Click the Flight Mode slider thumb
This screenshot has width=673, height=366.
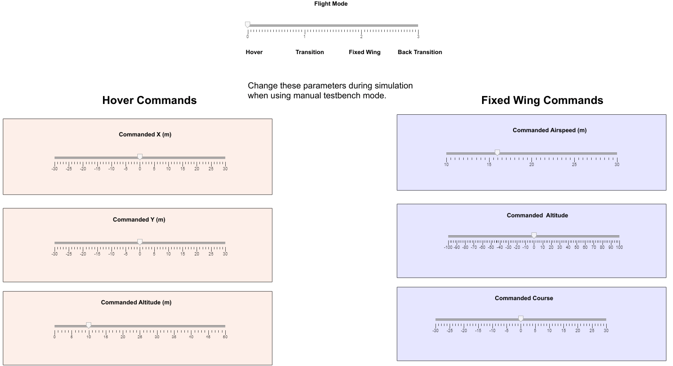coord(248,25)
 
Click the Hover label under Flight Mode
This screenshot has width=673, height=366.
coord(254,52)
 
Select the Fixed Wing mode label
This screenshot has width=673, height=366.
coord(364,52)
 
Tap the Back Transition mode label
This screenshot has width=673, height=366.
coord(420,52)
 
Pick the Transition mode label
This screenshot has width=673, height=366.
coord(309,52)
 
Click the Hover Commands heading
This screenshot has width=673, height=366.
coord(149,100)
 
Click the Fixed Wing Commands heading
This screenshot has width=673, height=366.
coord(542,100)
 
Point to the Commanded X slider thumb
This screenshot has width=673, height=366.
coord(140,157)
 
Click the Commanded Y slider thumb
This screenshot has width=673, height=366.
coord(140,242)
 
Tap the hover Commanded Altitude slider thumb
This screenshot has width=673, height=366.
coord(88,325)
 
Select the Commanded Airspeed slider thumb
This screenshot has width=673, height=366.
coord(497,152)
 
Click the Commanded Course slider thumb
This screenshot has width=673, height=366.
coord(521,318)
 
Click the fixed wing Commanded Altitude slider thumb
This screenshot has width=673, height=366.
coord(534,235)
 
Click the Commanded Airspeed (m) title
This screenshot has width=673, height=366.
coord(549,130)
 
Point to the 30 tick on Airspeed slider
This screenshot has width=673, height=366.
coord(617,164)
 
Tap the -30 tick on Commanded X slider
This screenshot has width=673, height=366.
coord(55,168)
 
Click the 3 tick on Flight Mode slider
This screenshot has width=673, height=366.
coord(418,36)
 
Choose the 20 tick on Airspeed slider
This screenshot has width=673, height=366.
coord(531,164)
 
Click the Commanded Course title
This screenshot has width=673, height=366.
coord(523,298)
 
